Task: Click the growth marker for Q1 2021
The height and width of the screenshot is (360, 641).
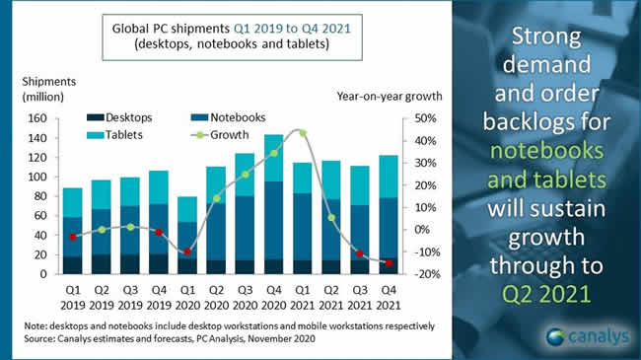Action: tap(302, 132)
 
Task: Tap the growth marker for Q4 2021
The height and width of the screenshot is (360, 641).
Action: tap(389, 262)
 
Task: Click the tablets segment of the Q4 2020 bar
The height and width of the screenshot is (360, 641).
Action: tap(273, 158)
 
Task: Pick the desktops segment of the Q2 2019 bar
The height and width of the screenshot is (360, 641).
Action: tap(102, 263)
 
